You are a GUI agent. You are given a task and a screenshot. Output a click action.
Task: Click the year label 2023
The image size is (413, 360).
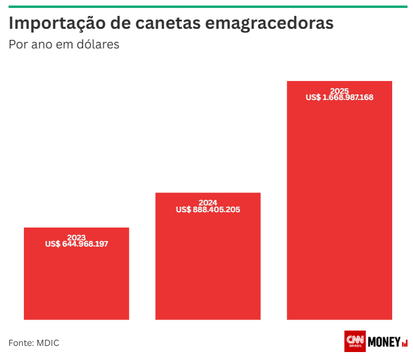click(76, 237)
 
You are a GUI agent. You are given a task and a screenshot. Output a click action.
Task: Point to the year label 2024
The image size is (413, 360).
click(208, 202)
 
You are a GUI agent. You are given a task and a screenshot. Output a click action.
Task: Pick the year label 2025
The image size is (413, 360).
click(339, 91)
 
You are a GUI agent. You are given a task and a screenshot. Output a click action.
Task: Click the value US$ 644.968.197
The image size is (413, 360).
click(76, 244)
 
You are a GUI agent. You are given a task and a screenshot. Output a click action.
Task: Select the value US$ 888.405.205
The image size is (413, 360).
click(208, 210)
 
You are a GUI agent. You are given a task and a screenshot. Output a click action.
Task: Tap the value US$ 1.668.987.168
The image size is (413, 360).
click(339, 98)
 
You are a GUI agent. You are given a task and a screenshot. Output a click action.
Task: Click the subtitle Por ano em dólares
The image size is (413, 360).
click(64, 45)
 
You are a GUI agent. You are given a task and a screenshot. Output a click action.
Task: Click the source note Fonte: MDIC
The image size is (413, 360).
click(34, 342)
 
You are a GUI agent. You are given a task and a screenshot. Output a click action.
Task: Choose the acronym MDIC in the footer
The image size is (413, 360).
click(47, 342)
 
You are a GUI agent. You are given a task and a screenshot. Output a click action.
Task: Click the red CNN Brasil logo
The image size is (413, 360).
click(355, 342)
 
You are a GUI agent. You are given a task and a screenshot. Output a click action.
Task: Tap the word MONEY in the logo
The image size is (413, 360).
click(384, 342)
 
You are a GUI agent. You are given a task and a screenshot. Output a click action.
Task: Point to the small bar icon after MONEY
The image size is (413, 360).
click(405, 343)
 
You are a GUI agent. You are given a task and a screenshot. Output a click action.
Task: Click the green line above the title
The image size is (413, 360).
click(206, 7)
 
